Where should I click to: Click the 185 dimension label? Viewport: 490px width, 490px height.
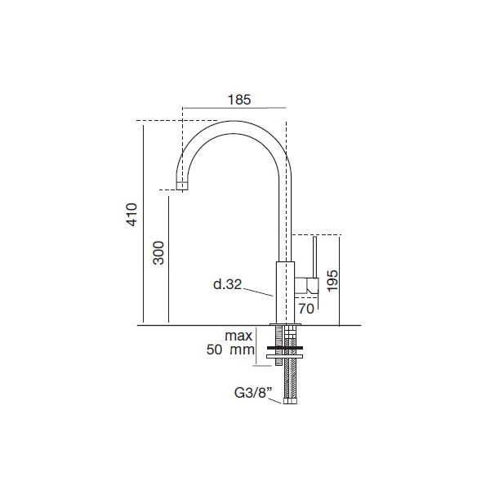(239, 100)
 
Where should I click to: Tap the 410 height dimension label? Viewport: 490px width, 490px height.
(131, 214)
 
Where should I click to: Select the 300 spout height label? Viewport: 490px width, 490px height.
(158, 253)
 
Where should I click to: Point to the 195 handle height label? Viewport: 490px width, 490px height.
(332, 280)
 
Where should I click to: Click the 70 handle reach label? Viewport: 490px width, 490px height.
(306, 309)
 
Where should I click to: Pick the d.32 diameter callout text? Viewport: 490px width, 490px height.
(228, 284)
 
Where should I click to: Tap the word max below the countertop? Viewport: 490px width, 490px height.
(238, 336)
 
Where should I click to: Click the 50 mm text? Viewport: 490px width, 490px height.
(230, 350)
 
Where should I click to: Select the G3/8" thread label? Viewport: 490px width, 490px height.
(253, 393)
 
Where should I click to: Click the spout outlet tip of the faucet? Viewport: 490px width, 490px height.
(182, 185)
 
